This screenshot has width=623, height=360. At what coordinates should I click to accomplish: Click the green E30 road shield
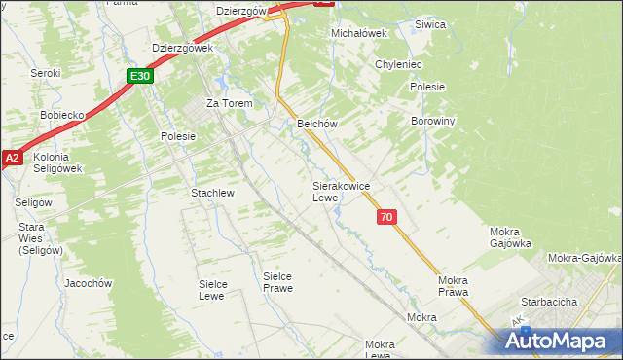140,75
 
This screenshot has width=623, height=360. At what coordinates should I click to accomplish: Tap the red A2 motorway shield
12,157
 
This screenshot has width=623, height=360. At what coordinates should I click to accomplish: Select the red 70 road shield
387,218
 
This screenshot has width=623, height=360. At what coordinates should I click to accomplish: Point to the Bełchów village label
316,124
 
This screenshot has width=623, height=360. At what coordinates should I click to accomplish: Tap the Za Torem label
229,103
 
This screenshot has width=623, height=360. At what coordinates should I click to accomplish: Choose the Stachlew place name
212,193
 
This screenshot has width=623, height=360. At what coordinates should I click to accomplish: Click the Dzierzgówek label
182,47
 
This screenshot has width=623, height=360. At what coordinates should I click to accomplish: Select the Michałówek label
359,32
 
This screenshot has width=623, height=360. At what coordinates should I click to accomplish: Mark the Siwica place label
429,24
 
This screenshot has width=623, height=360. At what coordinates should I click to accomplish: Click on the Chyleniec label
397,64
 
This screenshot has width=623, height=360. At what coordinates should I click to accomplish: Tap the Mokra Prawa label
453,285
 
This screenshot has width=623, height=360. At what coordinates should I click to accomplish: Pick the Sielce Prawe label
277,282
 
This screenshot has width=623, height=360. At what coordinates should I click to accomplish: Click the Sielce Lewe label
218,289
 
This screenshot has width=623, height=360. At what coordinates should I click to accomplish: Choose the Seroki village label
45,73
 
